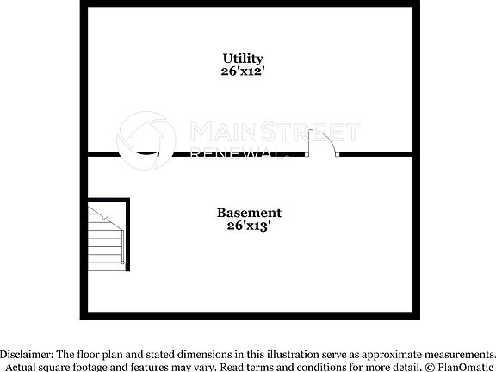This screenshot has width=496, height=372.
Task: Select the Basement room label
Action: [x=248, y=213]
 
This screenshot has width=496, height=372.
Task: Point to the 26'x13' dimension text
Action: [x=248, y=226]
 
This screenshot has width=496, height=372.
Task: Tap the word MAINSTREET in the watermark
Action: [x=274, y=132]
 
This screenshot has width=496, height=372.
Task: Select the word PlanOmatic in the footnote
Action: [x=465, y=367]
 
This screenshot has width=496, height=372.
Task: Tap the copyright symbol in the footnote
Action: [x=428, y=367]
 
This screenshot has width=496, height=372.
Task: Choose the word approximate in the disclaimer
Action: [x=392, y=354]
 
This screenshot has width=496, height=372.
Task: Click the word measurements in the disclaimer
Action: [x=458, y=354]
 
